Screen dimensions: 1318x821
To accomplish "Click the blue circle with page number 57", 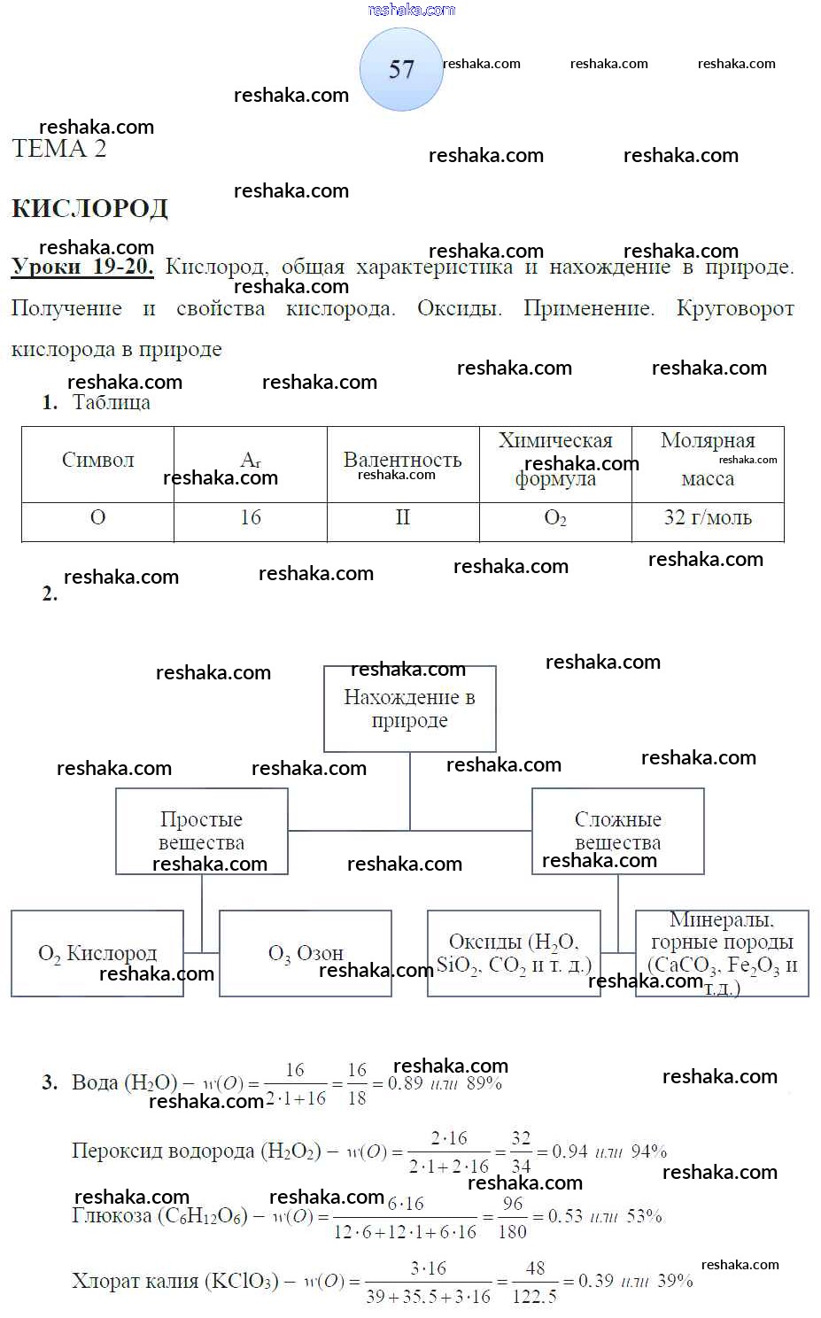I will coord(401,69).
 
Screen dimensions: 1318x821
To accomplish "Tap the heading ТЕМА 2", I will coord(59,149).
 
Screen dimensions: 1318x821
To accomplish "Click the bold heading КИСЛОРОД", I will coord(89,208).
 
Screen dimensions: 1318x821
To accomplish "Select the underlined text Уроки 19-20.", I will coord(82,267).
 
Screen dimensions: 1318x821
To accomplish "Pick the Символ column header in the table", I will coord(97,461).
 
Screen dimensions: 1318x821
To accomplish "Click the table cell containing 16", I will coord(251,518).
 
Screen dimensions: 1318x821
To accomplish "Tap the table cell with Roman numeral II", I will coord(403,518).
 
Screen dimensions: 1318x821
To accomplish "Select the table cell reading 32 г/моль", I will coord(708,518).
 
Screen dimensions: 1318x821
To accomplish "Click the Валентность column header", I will coord(403,461).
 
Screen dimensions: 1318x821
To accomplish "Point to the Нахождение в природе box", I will coord(409,709).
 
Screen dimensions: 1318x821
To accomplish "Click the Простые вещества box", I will coord(202,831).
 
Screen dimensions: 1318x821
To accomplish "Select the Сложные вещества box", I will coord(617,831).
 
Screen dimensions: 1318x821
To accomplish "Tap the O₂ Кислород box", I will coord(97,953).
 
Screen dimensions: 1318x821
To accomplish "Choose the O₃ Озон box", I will coord(306,953).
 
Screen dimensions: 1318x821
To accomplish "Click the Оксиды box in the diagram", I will coord(514,953).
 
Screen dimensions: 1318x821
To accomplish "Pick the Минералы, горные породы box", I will coord(722,953).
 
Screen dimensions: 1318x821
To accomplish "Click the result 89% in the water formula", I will coord(484,1083).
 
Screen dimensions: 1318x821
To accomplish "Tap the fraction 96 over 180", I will coord(513,1217).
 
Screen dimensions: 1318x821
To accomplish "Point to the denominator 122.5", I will coord(535,1296).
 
